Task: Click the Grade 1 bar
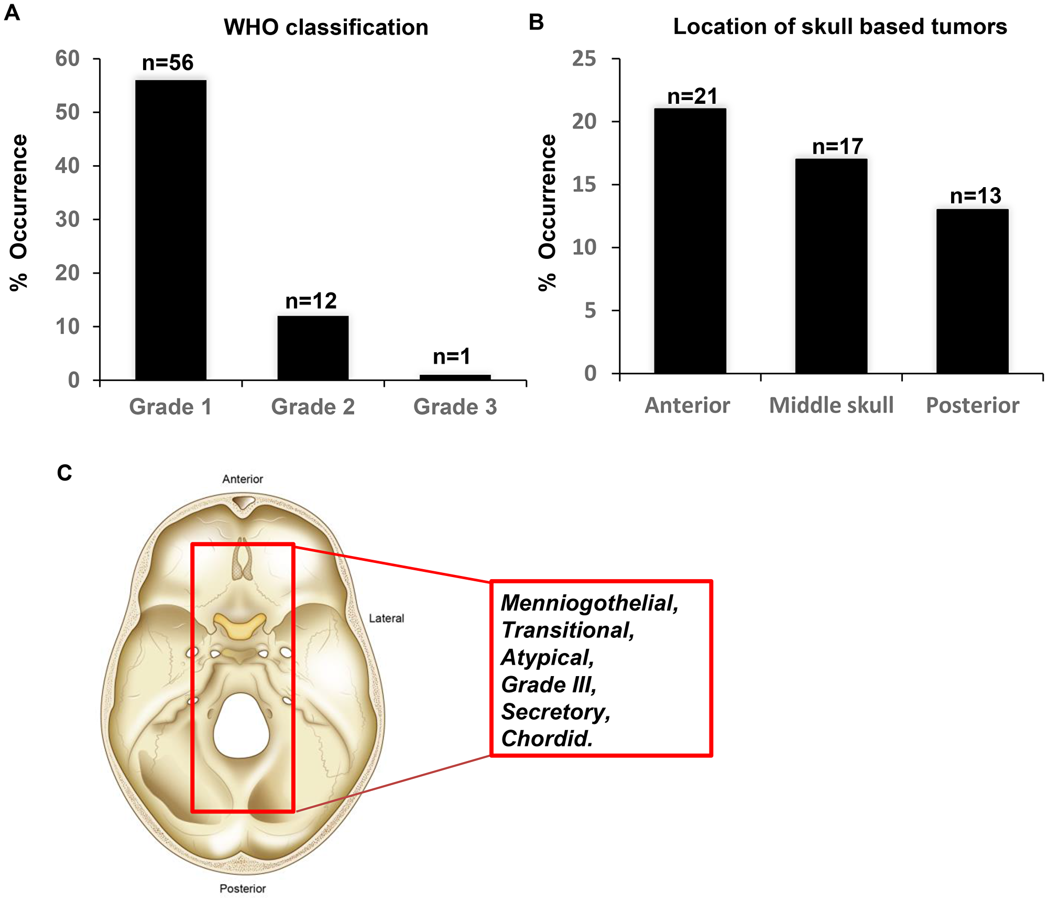tap(171, 231)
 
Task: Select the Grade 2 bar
tap(313, 348)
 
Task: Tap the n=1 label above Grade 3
tap(452, 357)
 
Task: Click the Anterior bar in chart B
tap(690, 241)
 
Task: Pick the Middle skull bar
tap(831, 266)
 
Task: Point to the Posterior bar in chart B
tap(972, 291)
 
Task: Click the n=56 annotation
tap(168, 63)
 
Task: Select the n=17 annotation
tap(837, 147)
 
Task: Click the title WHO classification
tap(326, 27)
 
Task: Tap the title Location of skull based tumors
tap(839, 26)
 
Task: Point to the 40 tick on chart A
tap(68, 166)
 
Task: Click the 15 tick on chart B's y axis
tap(584, 184)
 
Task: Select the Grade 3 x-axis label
tap(455, 407)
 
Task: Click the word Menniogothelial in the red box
tap(589, 603)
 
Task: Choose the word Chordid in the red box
tap(547, 739)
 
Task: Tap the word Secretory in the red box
tap(555, 712)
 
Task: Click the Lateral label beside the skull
tap(386, 618)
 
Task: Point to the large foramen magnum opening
tap(241, 726)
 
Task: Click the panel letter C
tap(64, 473)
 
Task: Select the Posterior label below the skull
tap(243, 888)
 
